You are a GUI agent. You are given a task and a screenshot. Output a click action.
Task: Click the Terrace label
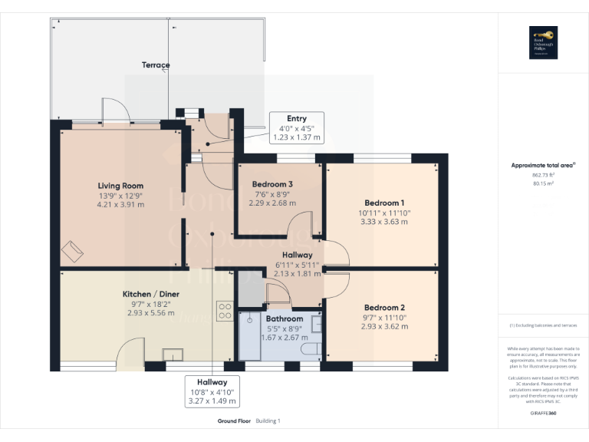pyautogui.click(x=156, y=65)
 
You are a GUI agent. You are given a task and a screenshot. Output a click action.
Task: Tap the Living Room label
pyautogui.click(x=120, y=186)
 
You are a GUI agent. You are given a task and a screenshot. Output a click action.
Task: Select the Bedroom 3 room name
pyautogui.click(x=272, y=184)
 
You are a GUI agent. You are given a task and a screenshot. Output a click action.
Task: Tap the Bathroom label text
pyautogui.click(x=284, y=318)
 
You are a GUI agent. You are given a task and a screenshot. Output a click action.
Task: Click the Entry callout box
pyautogui.click(x=297, y=128)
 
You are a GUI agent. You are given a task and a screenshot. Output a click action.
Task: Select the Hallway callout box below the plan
pyautogui.click(x=212, y=391)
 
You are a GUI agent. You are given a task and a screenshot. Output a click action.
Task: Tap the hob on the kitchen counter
pyautogui.click(x=225, y=311)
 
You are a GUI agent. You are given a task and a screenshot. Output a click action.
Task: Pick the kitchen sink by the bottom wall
pyautogui.click(x=173, y=353)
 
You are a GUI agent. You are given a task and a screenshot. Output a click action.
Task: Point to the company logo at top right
pyautogui.click(x=543, y=42)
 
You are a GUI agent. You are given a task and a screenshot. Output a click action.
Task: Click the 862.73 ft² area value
pyautogui.click(x=543, y=175)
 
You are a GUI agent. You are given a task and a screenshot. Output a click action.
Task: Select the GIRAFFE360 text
pyautogui.click(x=543, y=413)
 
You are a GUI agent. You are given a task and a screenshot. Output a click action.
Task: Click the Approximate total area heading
pyautogui.click(x=541, y=165)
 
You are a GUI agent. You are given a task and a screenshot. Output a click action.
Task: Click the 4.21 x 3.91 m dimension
pyautogui.click(x=120, y=205)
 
